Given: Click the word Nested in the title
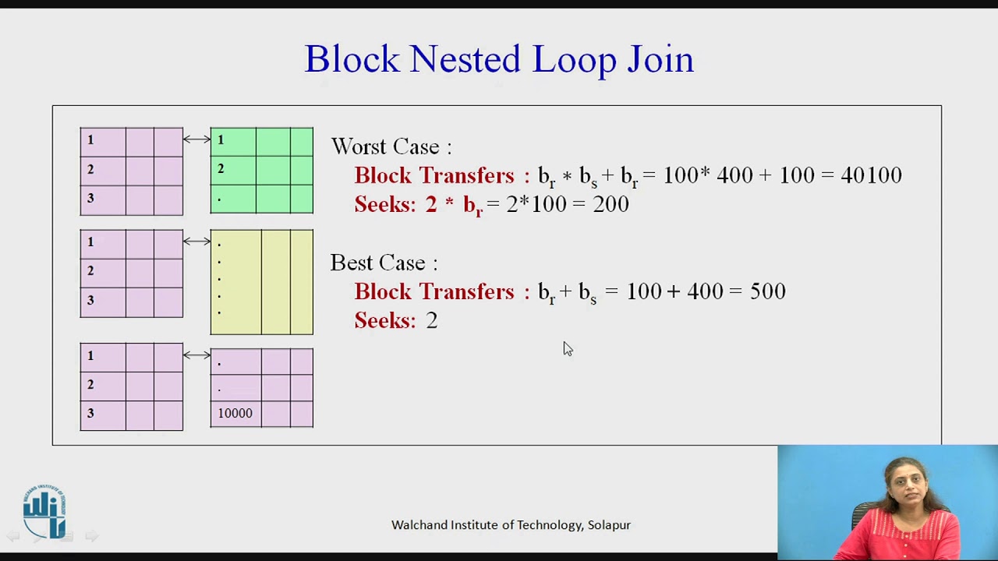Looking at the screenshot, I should (465, 59).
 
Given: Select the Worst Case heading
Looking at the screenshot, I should (391, 146).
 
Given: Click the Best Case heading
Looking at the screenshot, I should (384, 263).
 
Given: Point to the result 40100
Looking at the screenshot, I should (871, 175).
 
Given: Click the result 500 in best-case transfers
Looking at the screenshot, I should (767, 291).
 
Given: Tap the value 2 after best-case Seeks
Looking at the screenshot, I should (432, 320).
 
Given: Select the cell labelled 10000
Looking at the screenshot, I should (235, 413).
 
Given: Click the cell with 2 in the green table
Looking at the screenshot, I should (233, 169).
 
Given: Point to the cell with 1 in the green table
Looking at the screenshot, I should (233, 140).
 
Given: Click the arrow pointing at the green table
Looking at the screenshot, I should (196, 139).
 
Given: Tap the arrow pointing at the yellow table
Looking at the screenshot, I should (196, 242).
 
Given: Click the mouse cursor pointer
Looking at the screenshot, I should (567, 348).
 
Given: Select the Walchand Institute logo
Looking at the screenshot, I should (44, 511).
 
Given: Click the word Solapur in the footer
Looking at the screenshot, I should (609, 525).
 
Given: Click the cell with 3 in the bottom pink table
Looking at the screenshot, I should (102, 414).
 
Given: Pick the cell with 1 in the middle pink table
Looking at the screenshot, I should (102, 242).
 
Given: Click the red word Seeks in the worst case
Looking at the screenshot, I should (385, 204).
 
